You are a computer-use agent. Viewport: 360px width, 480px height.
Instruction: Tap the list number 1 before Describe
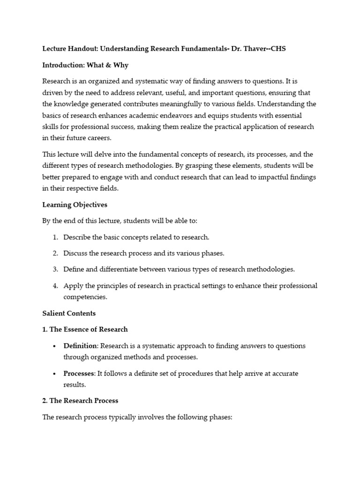[x=55, y=238]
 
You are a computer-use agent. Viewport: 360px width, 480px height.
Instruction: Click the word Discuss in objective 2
[x=76, y=253]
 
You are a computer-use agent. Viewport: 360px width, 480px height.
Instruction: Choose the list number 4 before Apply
[x=55, y=285]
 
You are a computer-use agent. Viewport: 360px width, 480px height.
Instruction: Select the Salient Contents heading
[x=69, y=313]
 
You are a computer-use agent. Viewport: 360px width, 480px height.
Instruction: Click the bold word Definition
[x=80, y=346]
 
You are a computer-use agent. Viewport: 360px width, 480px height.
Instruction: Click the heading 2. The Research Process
[x=80, y=401]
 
